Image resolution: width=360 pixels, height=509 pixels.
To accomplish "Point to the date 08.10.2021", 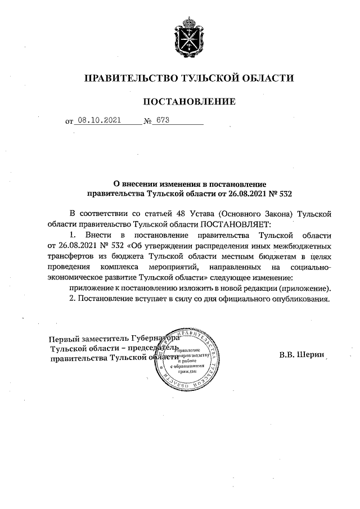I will click(x=98, y=120).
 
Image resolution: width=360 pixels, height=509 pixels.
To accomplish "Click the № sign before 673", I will click(x=148, y=121).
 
